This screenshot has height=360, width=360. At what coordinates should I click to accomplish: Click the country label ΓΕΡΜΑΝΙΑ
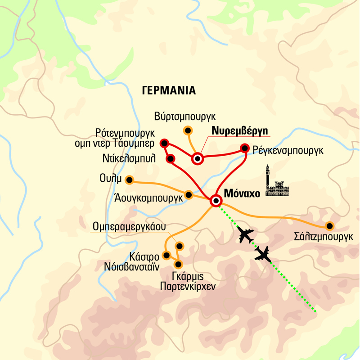(169, 90)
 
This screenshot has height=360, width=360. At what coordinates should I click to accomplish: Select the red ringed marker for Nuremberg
(198, 158)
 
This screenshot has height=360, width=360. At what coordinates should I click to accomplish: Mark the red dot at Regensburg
(245, 148)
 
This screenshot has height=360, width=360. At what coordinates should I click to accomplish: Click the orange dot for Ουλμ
(130, 180)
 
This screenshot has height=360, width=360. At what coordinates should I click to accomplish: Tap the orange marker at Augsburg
(189, 194)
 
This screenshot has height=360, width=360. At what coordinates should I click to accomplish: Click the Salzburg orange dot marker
(329, 225)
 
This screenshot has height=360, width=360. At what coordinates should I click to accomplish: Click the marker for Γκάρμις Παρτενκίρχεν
(178, 264)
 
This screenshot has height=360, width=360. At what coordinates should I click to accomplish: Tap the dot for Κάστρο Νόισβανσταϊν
(166, 256)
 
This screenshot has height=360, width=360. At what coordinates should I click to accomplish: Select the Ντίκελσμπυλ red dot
(171, 158)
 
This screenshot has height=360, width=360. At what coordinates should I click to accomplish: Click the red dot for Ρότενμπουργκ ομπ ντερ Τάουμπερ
(164, 144)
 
